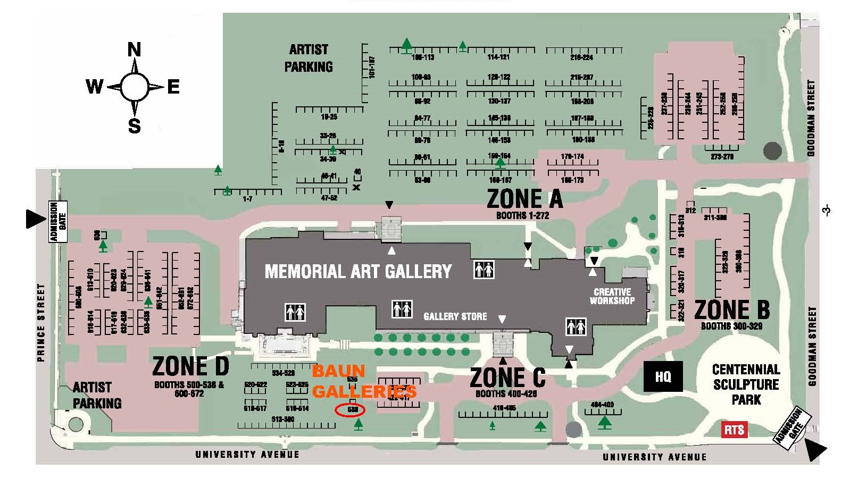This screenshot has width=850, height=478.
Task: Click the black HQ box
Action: [x=663, y=376]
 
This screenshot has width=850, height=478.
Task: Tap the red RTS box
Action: [x=734, y=430]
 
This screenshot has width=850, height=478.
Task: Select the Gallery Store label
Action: [x=455, y=316]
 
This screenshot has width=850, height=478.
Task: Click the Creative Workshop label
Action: [x=612, y=296]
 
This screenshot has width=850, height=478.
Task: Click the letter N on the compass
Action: [x=134, y=50]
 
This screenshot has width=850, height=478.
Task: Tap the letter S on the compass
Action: [x=134, y=126]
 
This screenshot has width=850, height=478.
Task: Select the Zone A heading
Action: [x=524, y=199]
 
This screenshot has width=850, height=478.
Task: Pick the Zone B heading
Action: [x=732, y=309]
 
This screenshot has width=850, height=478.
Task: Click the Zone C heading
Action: [x=507, y=378]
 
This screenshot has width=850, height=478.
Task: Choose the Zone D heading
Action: [x=190, y=366]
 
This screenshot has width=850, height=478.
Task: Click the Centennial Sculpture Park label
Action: [x=746, y=384]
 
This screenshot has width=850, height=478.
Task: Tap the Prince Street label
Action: [x=41, y=322]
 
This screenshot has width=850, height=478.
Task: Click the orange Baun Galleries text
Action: [x=364, y=381]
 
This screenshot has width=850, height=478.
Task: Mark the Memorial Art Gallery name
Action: [x=358, y=272]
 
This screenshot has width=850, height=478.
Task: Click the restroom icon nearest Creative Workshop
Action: [x=576, y=326]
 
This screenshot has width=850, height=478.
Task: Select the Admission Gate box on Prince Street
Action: [x=58, y=221]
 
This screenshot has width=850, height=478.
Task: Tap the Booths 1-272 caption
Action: [x=522, y=215]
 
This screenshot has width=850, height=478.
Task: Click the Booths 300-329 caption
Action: [x=731, y=326]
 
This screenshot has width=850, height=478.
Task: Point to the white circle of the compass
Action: [x=134, y=87]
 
